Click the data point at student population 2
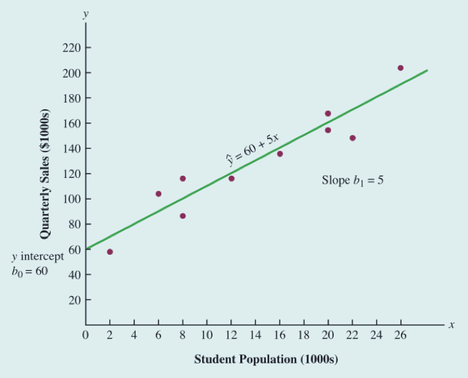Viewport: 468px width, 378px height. [x=109, y=252]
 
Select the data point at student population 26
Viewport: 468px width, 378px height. [x=400, y=68]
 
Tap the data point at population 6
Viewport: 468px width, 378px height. [x=158, y=194]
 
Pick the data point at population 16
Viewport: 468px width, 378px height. [x=280, y=153]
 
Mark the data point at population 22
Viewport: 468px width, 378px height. [x=353, y=138]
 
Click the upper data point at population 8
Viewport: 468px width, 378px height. [x=182, y=178]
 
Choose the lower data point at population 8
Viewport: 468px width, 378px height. [x=182, y=216]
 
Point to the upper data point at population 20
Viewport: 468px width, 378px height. [x=328, y=113]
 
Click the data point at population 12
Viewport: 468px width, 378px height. [x=231, y=178]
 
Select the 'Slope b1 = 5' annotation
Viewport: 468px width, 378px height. [x=352, y=180]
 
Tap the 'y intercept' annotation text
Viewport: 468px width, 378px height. [x=38, y=256]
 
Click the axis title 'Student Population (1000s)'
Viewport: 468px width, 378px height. [x=266, y=360]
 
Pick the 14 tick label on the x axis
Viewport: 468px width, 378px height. [x=255, y=335]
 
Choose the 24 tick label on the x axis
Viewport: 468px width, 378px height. [x=377, y=335]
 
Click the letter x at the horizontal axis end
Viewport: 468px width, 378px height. [x=452, y=325]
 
